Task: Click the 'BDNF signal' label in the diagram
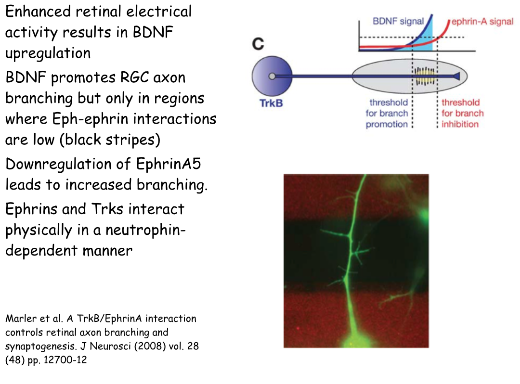click(398, 21)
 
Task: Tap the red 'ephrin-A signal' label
click(482, 22)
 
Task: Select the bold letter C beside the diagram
click(259, 44)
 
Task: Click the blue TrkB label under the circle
click(271, 103)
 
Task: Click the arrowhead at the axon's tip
click(456, 77)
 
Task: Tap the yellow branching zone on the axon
click(425, 76)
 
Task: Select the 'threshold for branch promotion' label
click(387, 113)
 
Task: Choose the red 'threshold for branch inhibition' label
click(462, 113)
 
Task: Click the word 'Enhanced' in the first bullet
click(38, 11)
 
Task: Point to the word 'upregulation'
click(48, 53)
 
